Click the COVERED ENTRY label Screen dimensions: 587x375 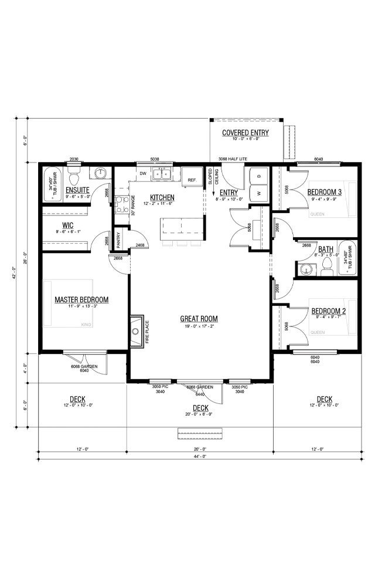tap(245, 133)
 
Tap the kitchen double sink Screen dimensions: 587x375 tap(161, 174)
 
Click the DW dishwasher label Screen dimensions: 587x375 tap(142, 173)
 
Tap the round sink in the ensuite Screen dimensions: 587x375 tap(100, 174)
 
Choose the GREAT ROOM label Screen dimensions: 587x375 tap(199, 319)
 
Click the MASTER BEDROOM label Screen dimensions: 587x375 tap(81, 299)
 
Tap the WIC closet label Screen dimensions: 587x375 tap(67, 225)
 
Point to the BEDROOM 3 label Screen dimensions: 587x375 tap(326, 192)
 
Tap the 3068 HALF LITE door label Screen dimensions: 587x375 tap(233, 159)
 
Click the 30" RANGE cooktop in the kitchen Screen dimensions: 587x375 tap(121, 204)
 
